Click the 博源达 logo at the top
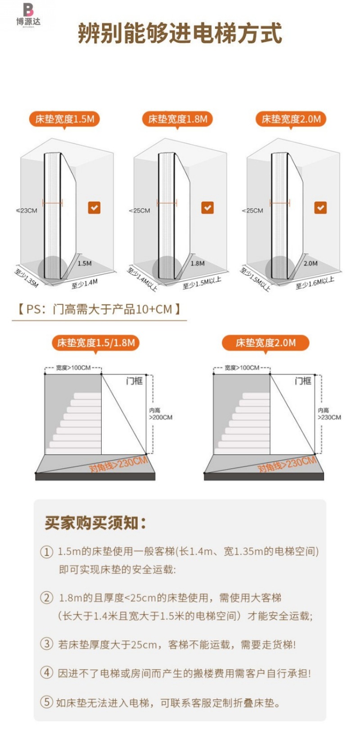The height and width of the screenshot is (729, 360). pos(28,15)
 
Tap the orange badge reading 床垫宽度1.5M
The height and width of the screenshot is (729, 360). pos(64,119)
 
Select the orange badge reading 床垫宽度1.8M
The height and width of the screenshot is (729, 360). pos(178,119)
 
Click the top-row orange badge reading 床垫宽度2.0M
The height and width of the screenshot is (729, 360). pos(291,119)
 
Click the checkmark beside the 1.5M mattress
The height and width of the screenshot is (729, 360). pos(94,208)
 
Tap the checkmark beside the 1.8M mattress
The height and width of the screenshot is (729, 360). pos(207,208)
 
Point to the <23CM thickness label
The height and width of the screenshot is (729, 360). pos(27,210)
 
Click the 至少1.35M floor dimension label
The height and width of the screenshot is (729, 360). pos(27,277)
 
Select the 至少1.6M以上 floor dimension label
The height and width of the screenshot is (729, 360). pos(315,283)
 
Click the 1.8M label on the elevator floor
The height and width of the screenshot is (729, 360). pos(198,263)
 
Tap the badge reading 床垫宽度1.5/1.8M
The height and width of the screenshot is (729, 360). pos(96,343)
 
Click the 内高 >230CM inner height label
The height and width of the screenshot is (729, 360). pos(329,414)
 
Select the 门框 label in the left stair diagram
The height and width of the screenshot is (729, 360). pos(134,381)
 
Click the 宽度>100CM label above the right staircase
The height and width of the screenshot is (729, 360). pos(242,368)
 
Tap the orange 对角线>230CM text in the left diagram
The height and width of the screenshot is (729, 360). pos(119,465)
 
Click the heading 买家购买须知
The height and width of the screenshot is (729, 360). pos(95,523)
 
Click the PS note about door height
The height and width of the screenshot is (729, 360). pos(99,309)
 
